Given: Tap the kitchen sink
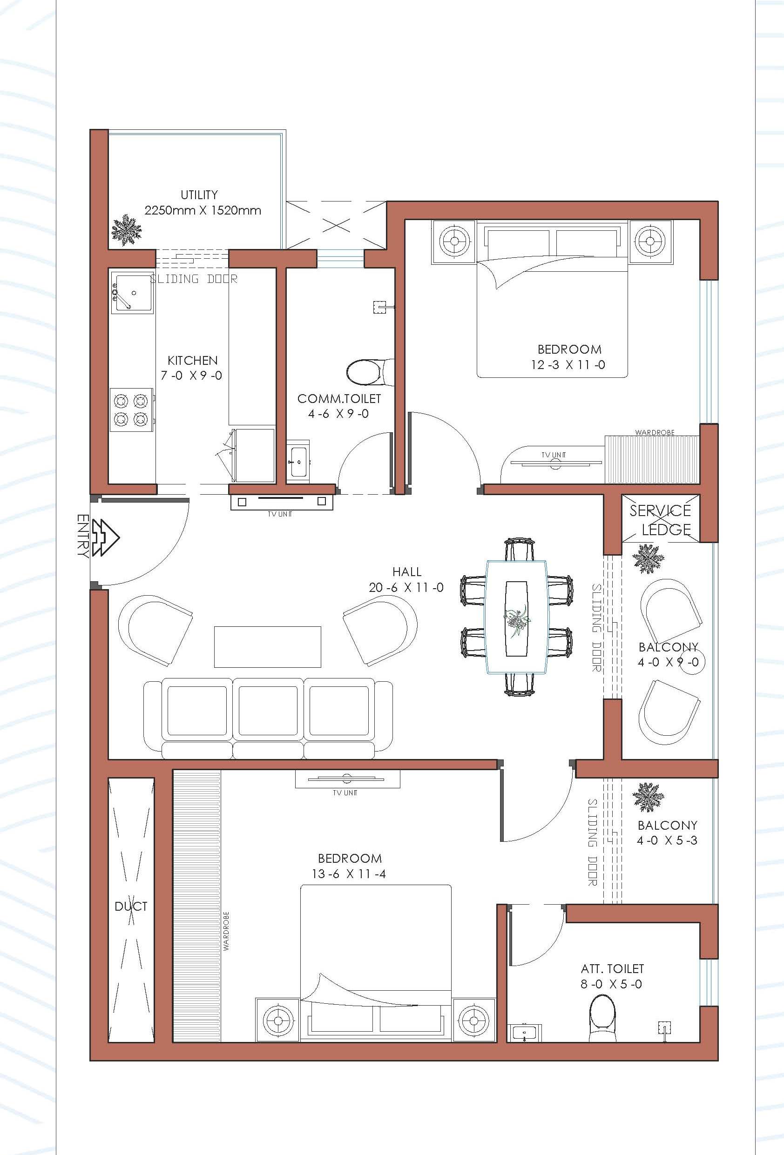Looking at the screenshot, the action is tap(132, 292).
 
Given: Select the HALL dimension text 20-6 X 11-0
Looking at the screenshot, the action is tap(406, 587).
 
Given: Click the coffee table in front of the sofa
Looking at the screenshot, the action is tap(268, 646).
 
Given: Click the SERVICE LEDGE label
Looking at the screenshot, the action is tap(661, 520).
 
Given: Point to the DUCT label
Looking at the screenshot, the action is tap(131, 907).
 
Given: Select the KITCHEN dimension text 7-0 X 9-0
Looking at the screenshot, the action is tap(191, 376).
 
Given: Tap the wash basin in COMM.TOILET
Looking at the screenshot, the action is tap(298, 462).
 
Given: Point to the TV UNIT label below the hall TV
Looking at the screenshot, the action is tap(280, 514).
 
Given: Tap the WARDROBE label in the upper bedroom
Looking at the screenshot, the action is tap(655, 432).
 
